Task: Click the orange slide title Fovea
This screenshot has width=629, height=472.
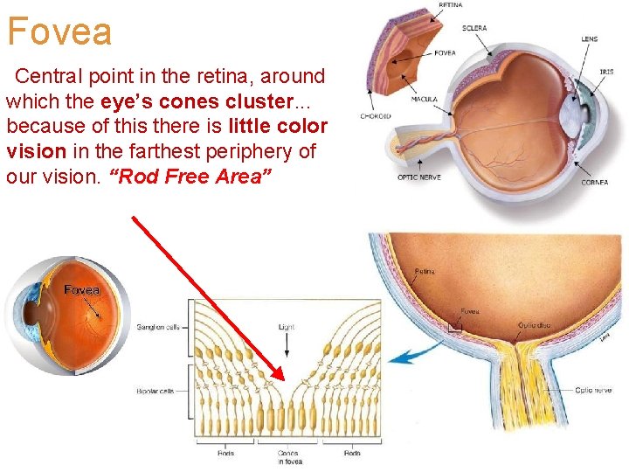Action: coord(59,31)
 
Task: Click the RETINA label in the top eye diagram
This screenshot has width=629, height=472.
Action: coord(450,5)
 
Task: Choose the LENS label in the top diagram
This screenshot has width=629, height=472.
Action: coord(590,38)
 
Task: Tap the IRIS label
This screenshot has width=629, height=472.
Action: coord(606,72)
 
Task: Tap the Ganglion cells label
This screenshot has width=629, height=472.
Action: coord(158,328)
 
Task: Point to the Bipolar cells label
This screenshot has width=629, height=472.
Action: coord(156,391)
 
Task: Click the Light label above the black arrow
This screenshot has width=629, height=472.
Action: coord(287,327)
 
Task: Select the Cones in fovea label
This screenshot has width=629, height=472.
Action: coord(287,457)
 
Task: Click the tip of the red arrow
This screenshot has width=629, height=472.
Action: coord(285,377)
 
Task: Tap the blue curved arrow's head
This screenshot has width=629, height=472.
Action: coord(392,358)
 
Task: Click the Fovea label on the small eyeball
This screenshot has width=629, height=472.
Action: coord(81,289)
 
